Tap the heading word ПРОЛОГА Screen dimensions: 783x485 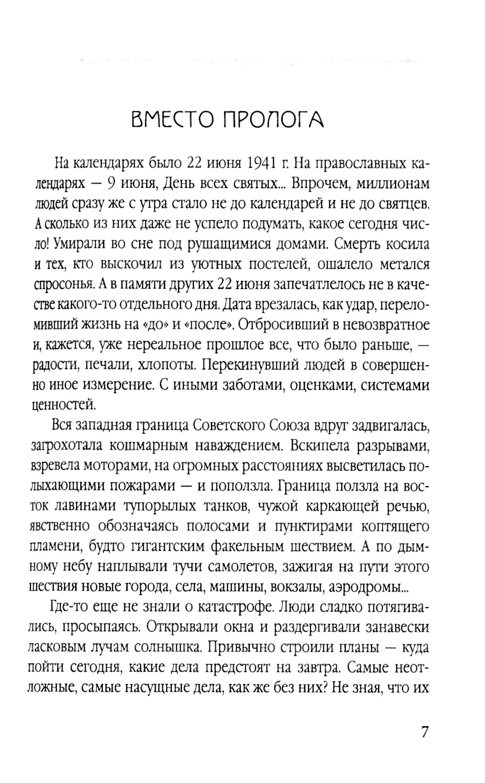275,119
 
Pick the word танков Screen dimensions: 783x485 225,506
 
